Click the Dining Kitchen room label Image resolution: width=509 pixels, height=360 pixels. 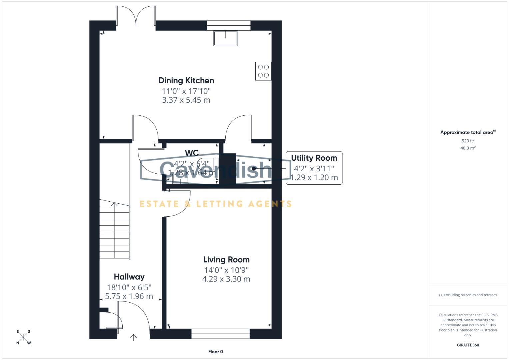coord(186,80)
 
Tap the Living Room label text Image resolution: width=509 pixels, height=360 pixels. coord(226,260)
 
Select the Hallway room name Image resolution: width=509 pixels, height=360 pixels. coord(129,277)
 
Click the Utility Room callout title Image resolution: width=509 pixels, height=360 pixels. coord(314,158)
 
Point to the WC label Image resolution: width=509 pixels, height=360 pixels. coord(192,153)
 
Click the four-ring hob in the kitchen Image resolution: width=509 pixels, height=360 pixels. coord(263,71)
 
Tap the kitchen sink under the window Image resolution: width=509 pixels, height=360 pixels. coord(226,38)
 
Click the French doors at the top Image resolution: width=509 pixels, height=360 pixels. coord(136,17)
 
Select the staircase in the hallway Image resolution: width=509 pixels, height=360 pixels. coord(114,230)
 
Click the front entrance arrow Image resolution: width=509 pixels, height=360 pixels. coord(133,337)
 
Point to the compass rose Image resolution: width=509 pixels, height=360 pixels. coord(23,337)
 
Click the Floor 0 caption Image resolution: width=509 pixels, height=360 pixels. coord(215,352)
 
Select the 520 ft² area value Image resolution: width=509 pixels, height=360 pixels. coord(468,141)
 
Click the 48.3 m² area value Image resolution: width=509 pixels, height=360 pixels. coord(468,148)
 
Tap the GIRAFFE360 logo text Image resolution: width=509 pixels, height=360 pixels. coord(468,345)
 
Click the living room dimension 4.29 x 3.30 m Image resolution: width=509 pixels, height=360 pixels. coord(226,279)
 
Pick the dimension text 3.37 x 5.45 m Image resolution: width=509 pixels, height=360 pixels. coord(186,100)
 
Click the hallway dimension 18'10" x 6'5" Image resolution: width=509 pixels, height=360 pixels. coord(129,287)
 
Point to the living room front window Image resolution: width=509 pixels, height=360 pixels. coord(220,334)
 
